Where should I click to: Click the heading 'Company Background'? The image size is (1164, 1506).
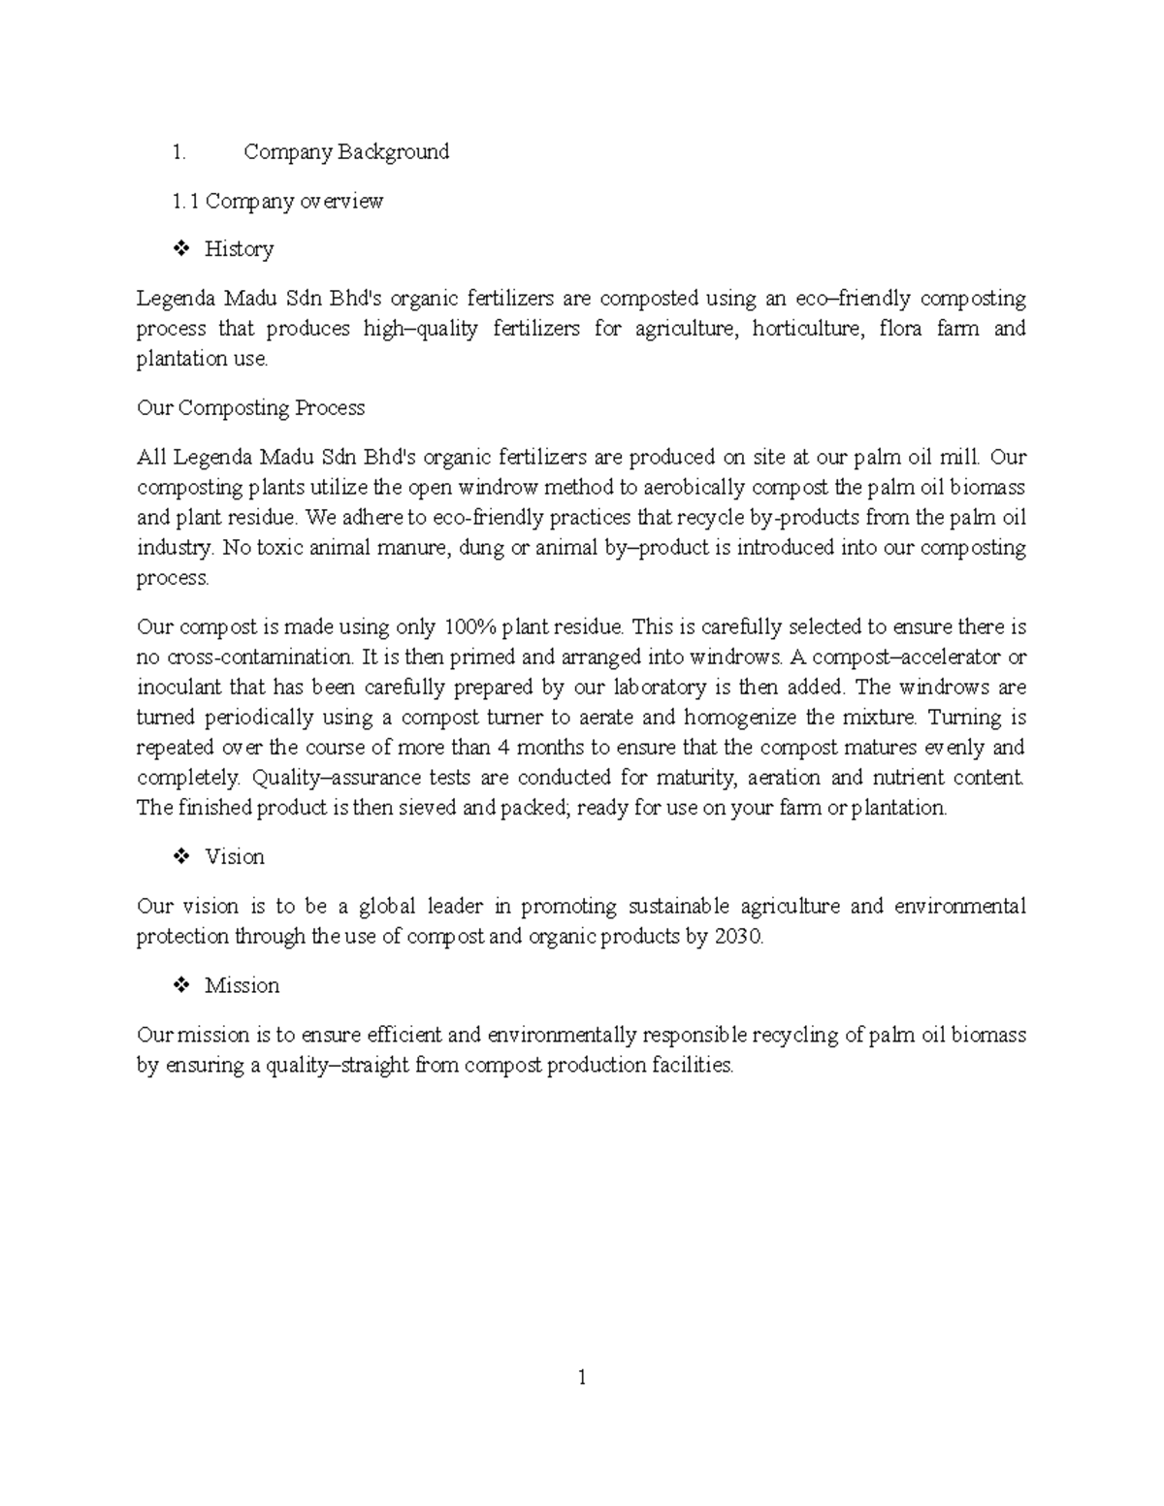(346, 152)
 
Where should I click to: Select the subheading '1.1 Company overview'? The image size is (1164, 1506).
(277, 202)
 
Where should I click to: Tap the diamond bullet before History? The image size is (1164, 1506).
(180, 250)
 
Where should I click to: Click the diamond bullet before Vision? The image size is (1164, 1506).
(180, 857)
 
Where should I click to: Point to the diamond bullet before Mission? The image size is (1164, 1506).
(180, 986)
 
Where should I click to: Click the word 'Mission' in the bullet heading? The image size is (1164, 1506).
(242, 986)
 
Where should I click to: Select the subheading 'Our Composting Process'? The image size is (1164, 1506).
(250, 408)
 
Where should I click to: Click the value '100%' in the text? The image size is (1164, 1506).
(469, 627)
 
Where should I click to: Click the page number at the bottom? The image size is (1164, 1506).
(582, 1378)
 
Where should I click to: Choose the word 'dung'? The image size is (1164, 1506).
(481, 548)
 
